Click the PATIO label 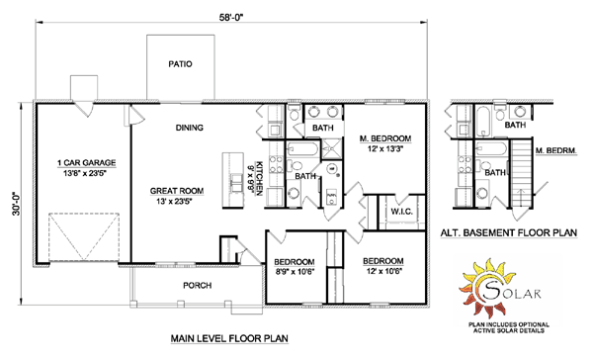[x=180, y=64]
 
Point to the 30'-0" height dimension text [x=16, y=205]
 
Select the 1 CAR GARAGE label [x=86, y=163]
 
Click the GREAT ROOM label [x=177, y=191]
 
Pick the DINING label [x=189, y=128]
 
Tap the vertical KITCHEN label [x=259, y=178]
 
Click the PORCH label [x=197, y=285]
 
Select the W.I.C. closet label [x=401, y=212]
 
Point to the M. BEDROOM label [x=385, y=138]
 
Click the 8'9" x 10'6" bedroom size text [x=295, y=271]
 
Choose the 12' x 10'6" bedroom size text [x=383, y=271]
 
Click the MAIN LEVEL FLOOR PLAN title [x=229, y=338]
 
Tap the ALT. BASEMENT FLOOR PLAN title [x=509, y=232]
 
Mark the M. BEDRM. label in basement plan [x=555, y=151]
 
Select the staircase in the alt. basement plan [x=521, y=173]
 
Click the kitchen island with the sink [x=233, y=180]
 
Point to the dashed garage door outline [x=84, y=237]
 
